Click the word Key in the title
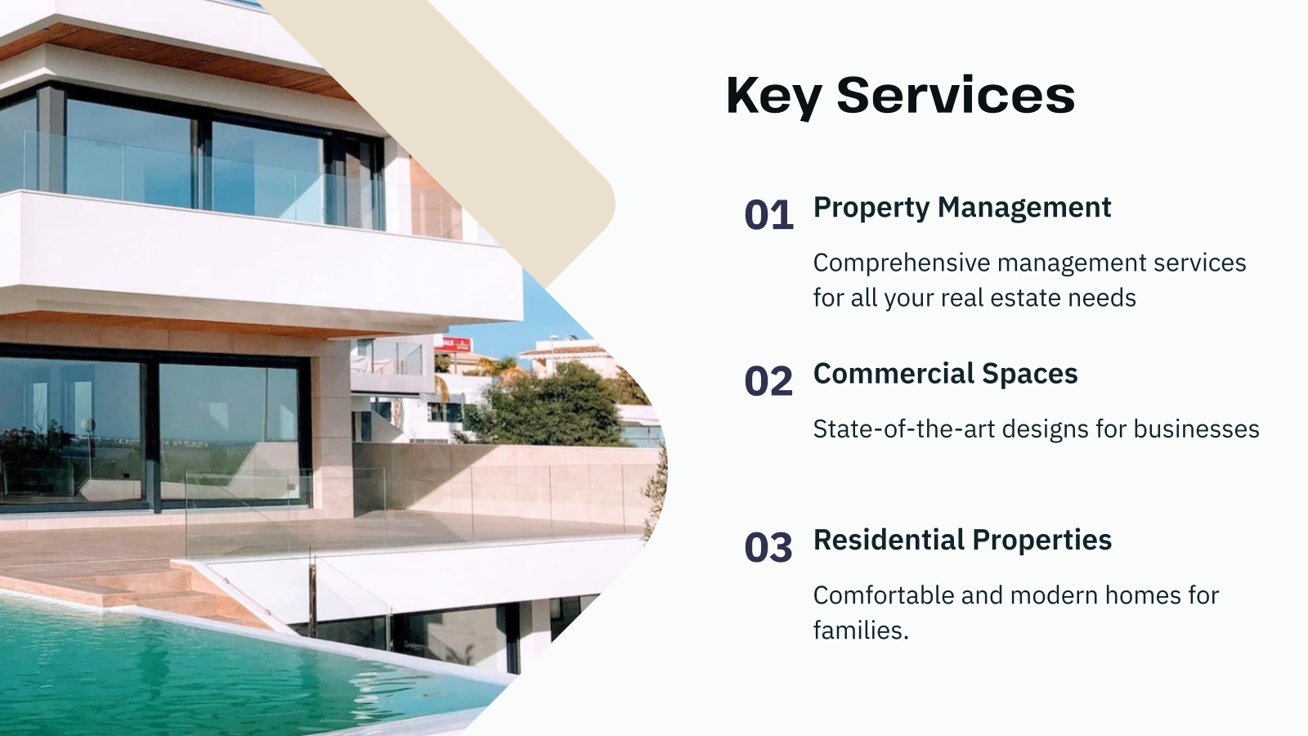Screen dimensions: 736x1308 click(773, 95)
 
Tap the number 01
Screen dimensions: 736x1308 click(768, 215)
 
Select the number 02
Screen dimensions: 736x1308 click(768, 381)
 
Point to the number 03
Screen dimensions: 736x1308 click(768, 547)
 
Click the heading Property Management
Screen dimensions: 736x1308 click(961, 208)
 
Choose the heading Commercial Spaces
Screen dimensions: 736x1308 click(945, 374)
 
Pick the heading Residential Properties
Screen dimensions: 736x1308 click(962, 540)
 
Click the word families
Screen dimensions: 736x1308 click(860, 631)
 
